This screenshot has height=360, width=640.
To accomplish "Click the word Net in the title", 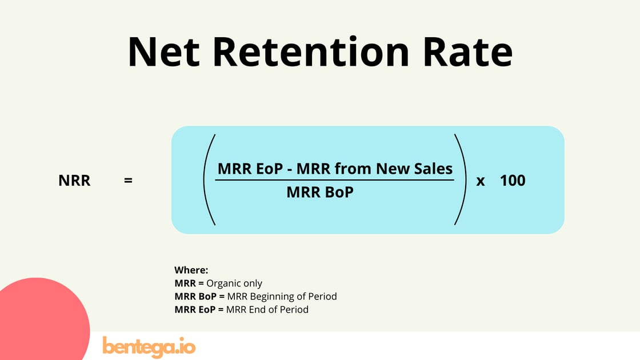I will [164, 52].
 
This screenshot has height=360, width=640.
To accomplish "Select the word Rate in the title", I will [467, 52].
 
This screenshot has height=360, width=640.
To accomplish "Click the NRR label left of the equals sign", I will [74, 181].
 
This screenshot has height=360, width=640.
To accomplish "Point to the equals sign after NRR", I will [128, 181].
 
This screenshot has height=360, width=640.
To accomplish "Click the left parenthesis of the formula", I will [209, 179].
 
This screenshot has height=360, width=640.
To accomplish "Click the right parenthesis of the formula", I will [461, 179].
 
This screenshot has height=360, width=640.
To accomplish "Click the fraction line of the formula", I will [334, 180].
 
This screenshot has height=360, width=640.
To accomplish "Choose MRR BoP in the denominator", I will [320, 193].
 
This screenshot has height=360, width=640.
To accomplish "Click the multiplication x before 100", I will [481, 181].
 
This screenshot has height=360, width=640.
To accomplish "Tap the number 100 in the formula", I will [513, 181].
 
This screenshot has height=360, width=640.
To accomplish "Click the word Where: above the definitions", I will [191, 270].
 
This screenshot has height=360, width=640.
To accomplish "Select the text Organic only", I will [234, 283].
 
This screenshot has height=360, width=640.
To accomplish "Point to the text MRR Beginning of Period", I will [282, 297].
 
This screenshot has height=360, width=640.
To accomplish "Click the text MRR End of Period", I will [267, 310].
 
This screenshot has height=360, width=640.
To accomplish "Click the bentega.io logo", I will [149, 346].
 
